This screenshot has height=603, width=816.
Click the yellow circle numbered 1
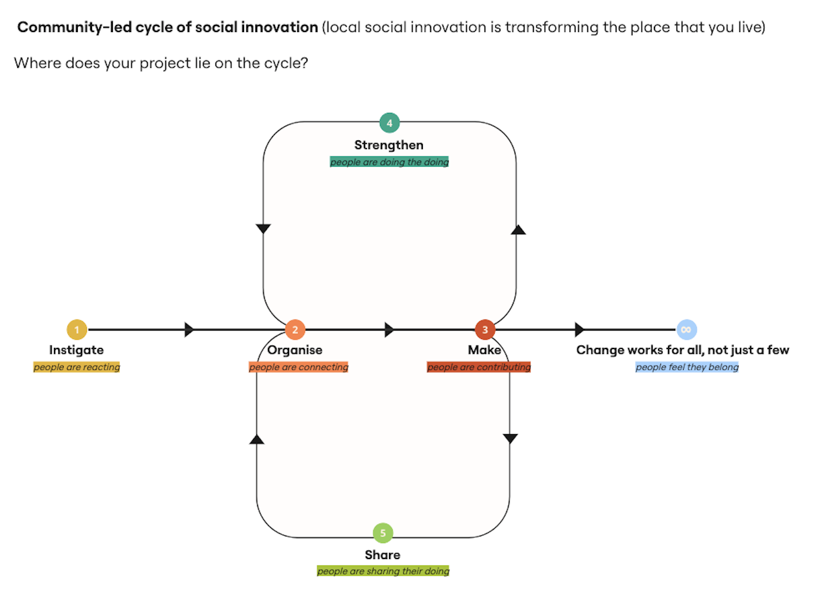[77, 329]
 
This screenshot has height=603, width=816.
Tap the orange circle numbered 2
[295, 329]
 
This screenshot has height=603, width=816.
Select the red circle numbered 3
[485, 329]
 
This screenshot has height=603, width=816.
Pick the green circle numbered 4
[390, 123]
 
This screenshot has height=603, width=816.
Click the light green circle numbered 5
[382, 533]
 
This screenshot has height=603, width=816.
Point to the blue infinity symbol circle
[687, 329]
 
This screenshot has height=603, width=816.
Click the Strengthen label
[389, 145]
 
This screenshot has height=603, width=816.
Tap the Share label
[382, 555]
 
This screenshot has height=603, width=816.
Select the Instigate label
[77, 350]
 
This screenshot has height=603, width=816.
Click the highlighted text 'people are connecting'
[299, 367]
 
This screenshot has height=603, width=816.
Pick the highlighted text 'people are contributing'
[479, 367]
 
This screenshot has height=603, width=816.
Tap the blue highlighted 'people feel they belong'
[687, 367]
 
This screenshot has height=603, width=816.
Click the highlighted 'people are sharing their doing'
[383, 571]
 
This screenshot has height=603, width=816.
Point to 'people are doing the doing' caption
[390, 162]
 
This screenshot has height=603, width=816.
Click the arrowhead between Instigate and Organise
[189, 329]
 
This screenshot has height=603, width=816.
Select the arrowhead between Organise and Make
[389, 329]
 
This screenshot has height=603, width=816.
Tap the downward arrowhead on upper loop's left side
[263, 228]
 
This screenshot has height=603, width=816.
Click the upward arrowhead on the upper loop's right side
[518, 230]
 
